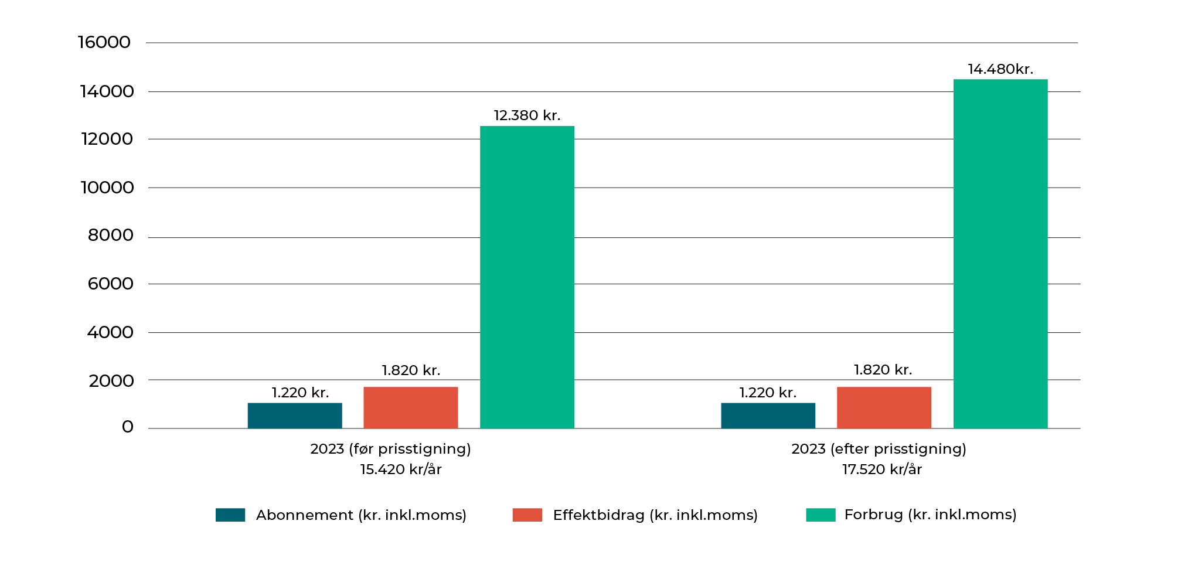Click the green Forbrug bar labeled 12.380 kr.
(x=527, y=277)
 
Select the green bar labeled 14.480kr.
(x=1000, y=253)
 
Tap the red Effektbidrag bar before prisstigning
(x=410, y=407)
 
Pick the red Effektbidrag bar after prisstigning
(x=884, y=407)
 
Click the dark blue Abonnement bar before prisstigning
(x=295, y=416)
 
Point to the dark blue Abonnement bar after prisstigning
(x=768, y=416)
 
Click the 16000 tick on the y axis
(x=104, y=42)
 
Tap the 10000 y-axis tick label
(x=107, y=188)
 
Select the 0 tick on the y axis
(x=127, y=427)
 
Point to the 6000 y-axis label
(x=110, y=284)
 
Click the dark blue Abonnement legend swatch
(x=230, y=515)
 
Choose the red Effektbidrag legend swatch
(x=527, y=515)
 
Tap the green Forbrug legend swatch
(x=821, y=515)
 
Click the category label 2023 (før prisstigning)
(x=390, y=449)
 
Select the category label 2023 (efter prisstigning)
(x=879, y=449)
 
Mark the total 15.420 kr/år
(x=401, y=469)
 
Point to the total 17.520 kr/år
(x=882, y=469)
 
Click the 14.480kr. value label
(x=1000, y=69)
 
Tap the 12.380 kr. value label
(x=527, y=115)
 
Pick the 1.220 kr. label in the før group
(x=300, y=393)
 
